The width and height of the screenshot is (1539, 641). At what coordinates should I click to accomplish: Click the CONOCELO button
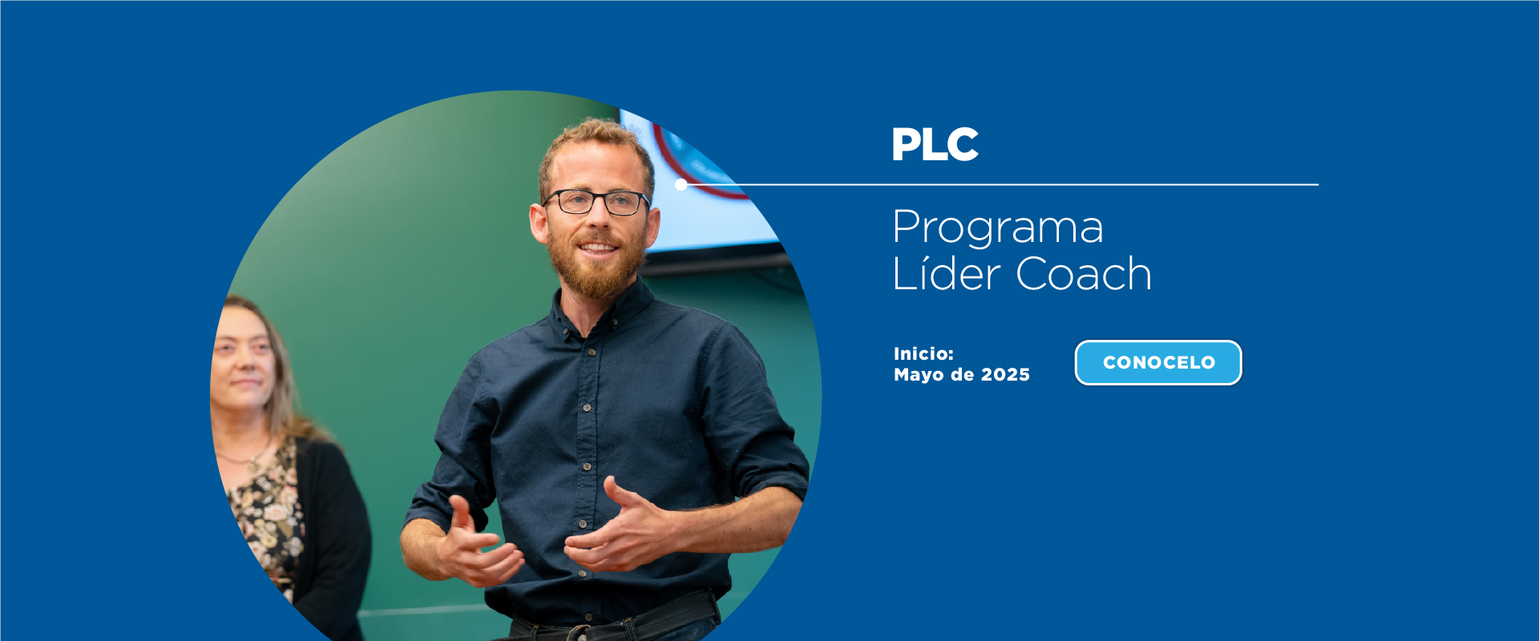point(1158,363)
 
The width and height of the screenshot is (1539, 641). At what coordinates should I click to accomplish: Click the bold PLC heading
point(935,145)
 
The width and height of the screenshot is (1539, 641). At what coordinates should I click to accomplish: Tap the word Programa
point(998,228)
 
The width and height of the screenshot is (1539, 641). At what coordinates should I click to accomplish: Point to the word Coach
point(1084,273)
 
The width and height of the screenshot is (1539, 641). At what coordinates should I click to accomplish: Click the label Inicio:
point(923,353)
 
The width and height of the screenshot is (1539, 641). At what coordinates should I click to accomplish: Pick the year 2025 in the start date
point(1005,374)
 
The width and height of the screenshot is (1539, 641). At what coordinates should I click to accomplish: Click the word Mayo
point(919,375)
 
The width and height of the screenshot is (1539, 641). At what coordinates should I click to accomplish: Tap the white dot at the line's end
point(681,184)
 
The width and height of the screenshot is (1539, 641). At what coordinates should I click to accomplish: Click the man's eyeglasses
point(596,201)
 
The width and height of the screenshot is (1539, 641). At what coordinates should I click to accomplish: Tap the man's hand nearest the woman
point(477,545)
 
